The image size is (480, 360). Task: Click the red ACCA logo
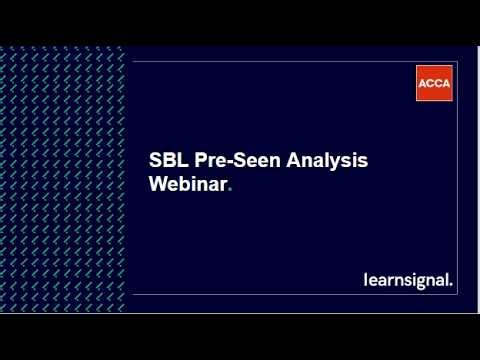pyautogui.click(x=434, y=83)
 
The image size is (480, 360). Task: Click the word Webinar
pyautogui.click(x=187, y=184)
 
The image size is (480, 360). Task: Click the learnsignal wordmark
pyautogui.click(x=406, y=280)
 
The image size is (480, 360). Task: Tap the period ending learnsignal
pyautogui.click(x=451, y=285)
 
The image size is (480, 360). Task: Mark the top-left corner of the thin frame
pyautogui.click(x=132, y=62)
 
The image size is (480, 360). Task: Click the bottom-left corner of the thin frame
pyautogui.click(x=132, y=295)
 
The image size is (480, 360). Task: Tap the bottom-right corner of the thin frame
pyautogui.click(x=461, y=295)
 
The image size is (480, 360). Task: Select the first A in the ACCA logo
pyautogui.click(x=423, y=83)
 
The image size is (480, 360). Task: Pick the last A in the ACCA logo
pyautogui.click(x=446, y=83)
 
